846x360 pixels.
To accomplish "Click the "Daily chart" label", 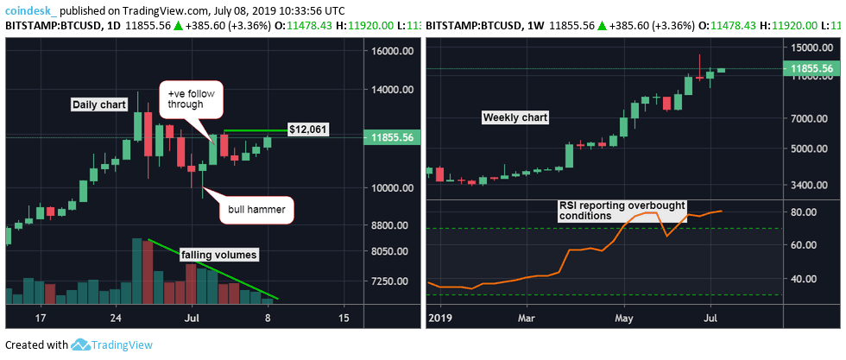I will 99,104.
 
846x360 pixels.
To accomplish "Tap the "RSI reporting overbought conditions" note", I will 621,211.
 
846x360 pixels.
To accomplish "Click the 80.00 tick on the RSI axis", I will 805,212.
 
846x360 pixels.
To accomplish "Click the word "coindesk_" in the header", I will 32,9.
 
